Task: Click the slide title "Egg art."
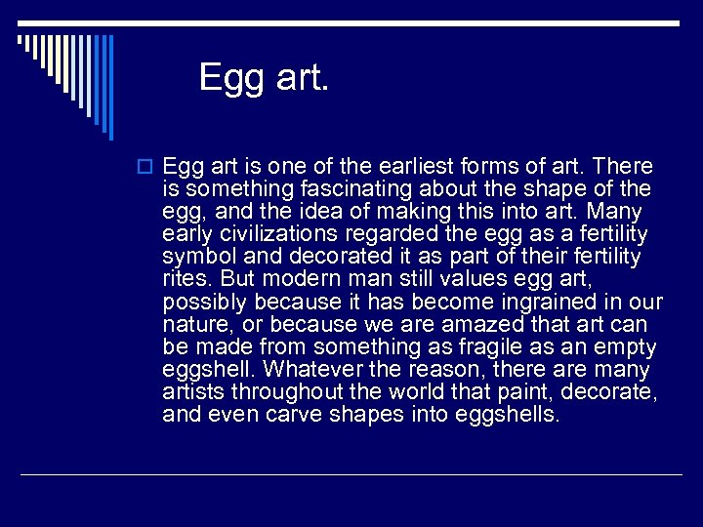[265, 76]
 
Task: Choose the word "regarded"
[384, 234]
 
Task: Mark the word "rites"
[183, 279]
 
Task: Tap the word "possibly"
[202, 303]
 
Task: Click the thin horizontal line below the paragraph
[351, 474]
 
